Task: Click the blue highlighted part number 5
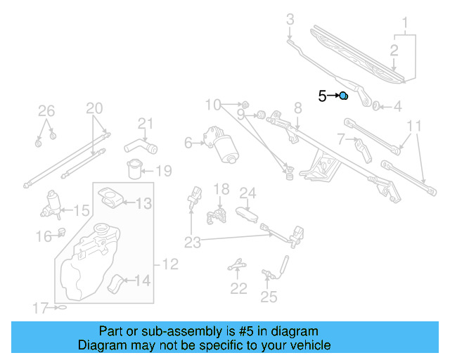344,96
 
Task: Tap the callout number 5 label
322,96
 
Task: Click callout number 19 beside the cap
163,171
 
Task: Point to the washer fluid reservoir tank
88,264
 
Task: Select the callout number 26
46,110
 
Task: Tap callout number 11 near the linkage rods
415,126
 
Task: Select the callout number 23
192,243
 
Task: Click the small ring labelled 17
63,308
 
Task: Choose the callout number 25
269,297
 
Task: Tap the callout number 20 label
94,108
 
